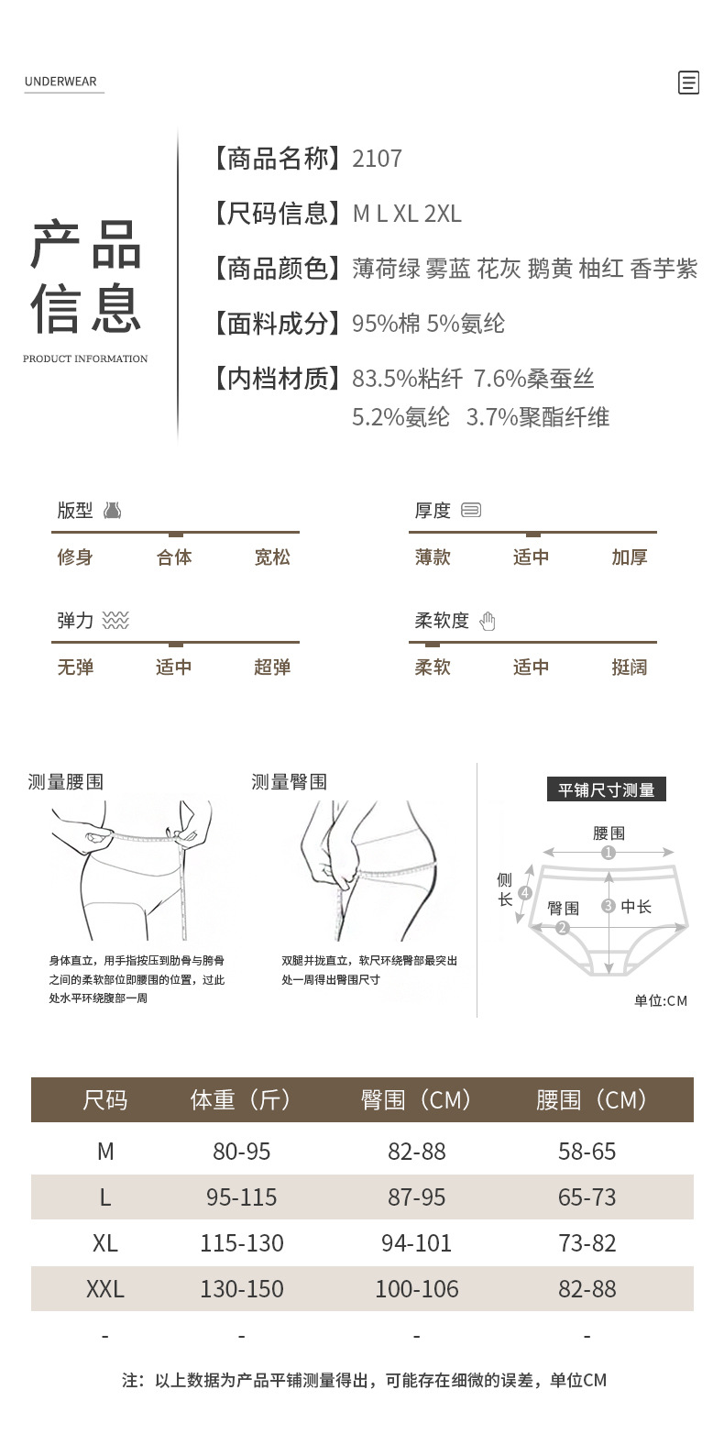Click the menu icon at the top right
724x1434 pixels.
(688, 83)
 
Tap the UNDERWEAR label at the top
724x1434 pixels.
(60, 82)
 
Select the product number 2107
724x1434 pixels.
(377, 159)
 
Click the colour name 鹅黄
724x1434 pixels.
(550, 269)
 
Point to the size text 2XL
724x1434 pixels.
(443, 214)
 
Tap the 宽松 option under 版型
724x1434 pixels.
(272, 557)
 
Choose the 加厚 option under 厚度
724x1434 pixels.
(630, 557)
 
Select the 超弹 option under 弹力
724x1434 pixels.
(272, 667)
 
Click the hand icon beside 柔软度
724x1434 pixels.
(488, 622)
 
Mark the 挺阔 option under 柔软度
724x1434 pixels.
(630, 667)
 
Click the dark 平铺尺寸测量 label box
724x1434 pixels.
(606, 789)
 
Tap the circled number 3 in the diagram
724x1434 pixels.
(609, 906)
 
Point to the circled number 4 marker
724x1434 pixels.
(525, 892)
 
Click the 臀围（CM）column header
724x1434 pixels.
(417, 1099)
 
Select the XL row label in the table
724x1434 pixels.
(105, 1243)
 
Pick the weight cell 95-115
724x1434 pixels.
(242, 1197)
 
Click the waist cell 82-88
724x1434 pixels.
(587, 1289)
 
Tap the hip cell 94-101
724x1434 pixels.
(417, 1243)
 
